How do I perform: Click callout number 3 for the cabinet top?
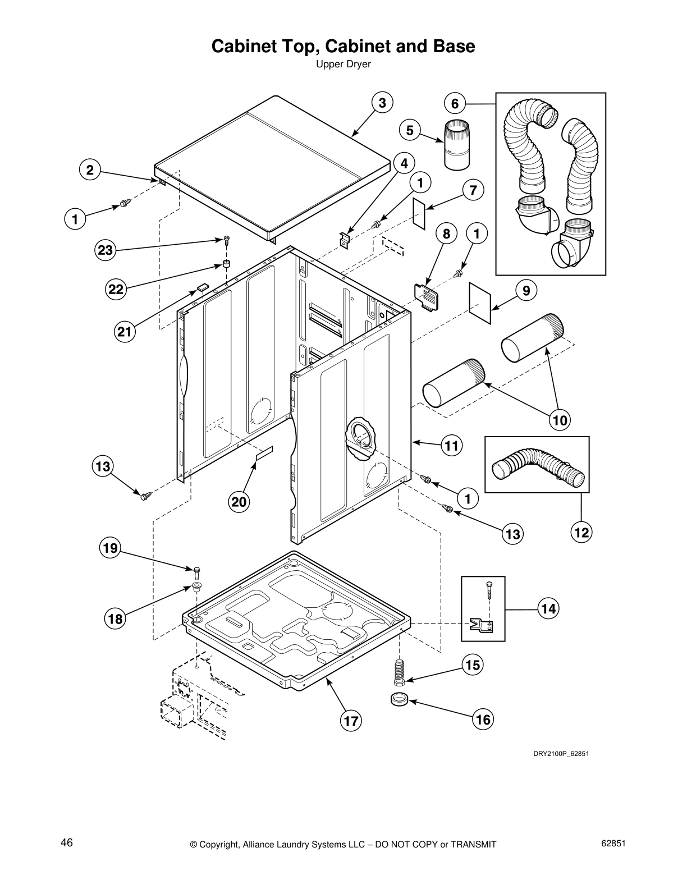(x=382, y=103)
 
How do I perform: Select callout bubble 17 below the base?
(x=351, y=721)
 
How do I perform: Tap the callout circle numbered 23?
(x=106, y=250)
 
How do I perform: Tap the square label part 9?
(x=480, y=303)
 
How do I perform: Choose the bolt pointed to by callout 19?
(x=196, y=572)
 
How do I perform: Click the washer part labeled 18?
(x=196, y=587)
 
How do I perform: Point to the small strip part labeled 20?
(x=264, y=453)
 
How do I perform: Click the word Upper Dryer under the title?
(x=343, y=65)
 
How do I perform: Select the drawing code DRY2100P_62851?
(x=560, y=754)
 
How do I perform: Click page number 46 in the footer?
(x=67, y=842)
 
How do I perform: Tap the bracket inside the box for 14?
(x=482, y=624)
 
